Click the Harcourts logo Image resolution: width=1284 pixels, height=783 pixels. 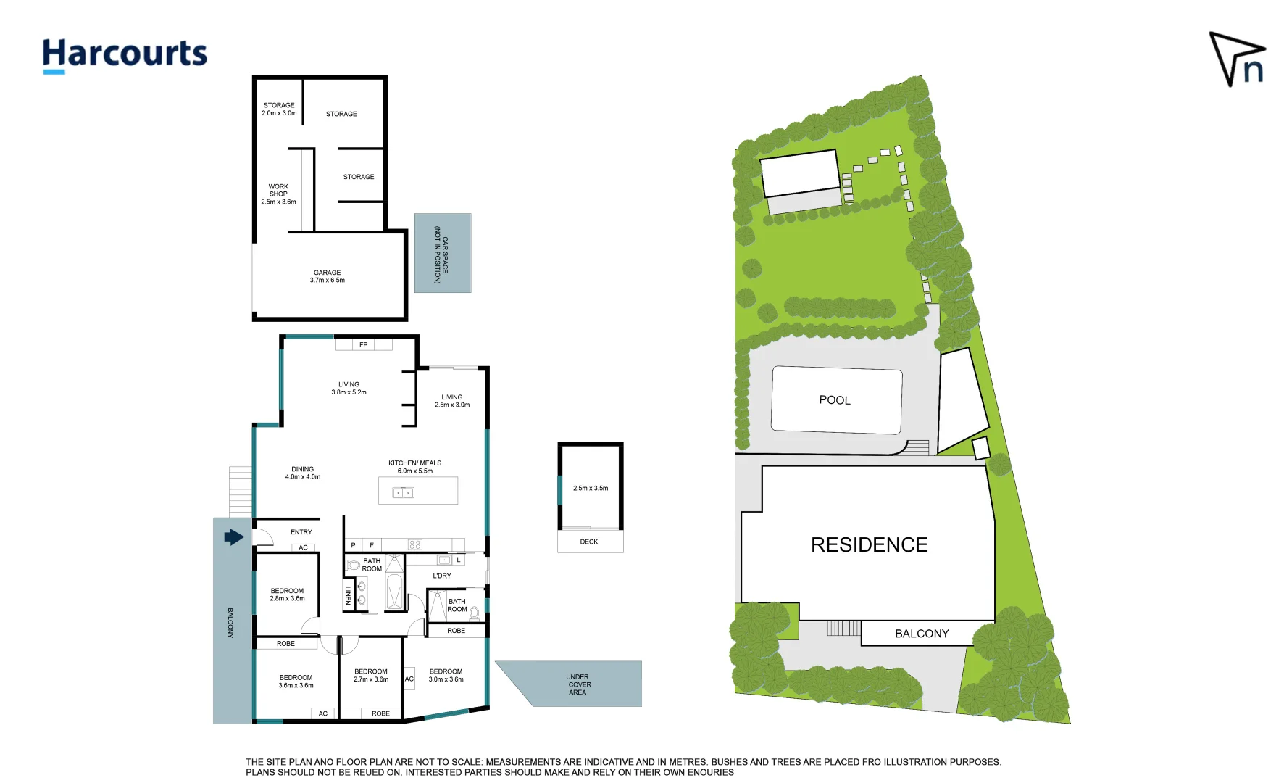[x=125, y=55]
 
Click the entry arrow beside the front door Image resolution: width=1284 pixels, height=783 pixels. [x=233, y=537]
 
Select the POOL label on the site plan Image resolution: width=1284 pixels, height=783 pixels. [x=835, y=400]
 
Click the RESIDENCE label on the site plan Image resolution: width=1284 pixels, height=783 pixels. [x=869, y=545]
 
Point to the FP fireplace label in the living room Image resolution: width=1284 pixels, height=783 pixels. [x=364, y=345]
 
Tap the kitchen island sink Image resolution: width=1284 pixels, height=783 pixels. [x=403, y=493]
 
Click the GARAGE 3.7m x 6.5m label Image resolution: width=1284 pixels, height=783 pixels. [x=328, y=276]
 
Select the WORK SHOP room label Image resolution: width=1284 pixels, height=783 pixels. [x=278, y=194]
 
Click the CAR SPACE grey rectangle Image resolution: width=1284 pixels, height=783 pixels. [x=443, y=253]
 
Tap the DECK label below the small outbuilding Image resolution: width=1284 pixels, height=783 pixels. [x=589, y=542]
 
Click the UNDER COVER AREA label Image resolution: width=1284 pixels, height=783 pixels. [x=578, y=684]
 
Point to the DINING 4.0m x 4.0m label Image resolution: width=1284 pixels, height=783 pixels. [x=303, y=473]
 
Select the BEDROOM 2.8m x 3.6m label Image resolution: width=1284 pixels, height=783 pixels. [x=287, y=594]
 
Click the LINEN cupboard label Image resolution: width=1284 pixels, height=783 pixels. [x=348, y=595]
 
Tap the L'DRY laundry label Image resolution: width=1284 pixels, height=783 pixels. [x=442, y=576]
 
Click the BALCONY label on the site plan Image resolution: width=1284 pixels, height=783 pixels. [x=922, y=634]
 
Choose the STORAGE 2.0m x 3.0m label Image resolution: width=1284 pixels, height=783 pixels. [x=279, y=109]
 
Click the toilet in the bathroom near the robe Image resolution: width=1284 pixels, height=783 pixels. [x=475, y=613]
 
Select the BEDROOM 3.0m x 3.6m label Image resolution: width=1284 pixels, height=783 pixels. [x=446, y=675]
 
